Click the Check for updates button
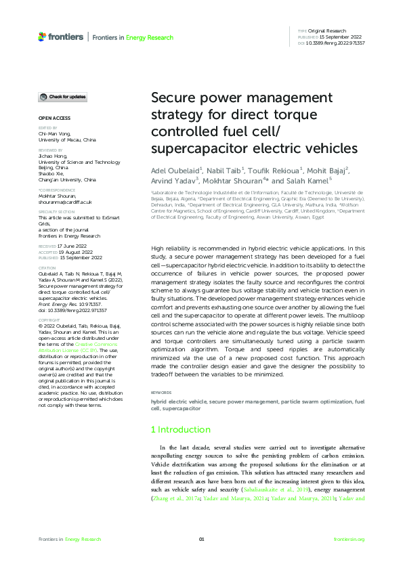point(62,97)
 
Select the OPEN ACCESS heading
point(51,118)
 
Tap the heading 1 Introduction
point(180,430)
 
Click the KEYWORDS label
point(161,393)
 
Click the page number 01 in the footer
point(201,539)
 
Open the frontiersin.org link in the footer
point(349,539)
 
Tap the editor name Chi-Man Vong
point(55,134)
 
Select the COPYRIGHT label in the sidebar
point(49,320)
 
